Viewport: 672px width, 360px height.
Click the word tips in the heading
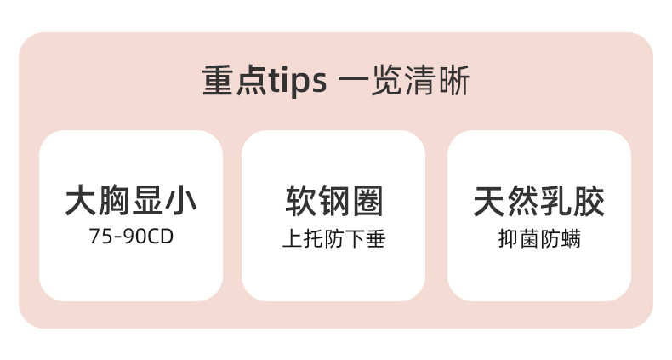tap(298, 82)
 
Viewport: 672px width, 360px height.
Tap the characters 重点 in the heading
tap(235, 82)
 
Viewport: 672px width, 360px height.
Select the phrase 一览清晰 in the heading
tap(403, 82)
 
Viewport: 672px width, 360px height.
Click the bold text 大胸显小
tap(131, 202)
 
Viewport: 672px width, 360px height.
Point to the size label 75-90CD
tap(131, 237)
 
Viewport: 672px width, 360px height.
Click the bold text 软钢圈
tap(334, 202)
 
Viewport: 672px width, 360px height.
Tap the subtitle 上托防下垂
tap(334, 239)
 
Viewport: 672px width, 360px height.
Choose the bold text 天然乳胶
tap(539, 202)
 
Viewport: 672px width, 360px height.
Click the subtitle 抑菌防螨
tap(539, 239)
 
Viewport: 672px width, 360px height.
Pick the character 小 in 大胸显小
tap(181, 202)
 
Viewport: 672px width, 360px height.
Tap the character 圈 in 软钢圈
tap(367, 202)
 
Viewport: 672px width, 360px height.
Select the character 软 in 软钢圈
tap(301, 202)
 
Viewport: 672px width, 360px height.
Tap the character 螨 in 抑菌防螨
tap(571, 239)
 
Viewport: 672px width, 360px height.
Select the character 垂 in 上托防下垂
tap(376, 239)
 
